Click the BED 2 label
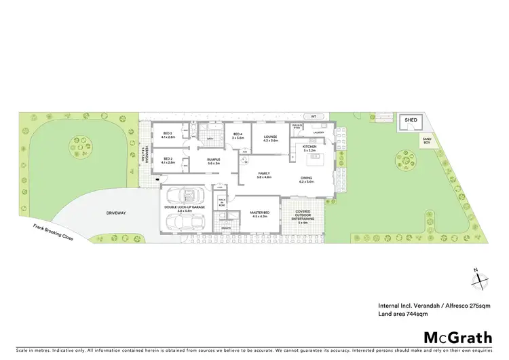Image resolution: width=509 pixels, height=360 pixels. pos(167,160)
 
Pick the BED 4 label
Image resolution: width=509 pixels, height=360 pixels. pos(238,135)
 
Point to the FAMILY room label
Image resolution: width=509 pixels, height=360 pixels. pos(263,175)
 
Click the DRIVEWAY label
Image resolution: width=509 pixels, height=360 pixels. pos(116,213)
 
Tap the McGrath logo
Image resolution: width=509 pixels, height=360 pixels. pos(457,338)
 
